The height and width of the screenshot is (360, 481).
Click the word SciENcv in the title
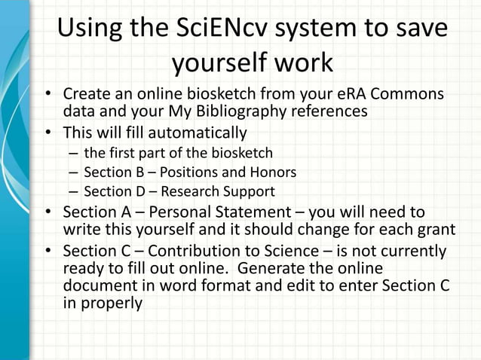tap(212, 29)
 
